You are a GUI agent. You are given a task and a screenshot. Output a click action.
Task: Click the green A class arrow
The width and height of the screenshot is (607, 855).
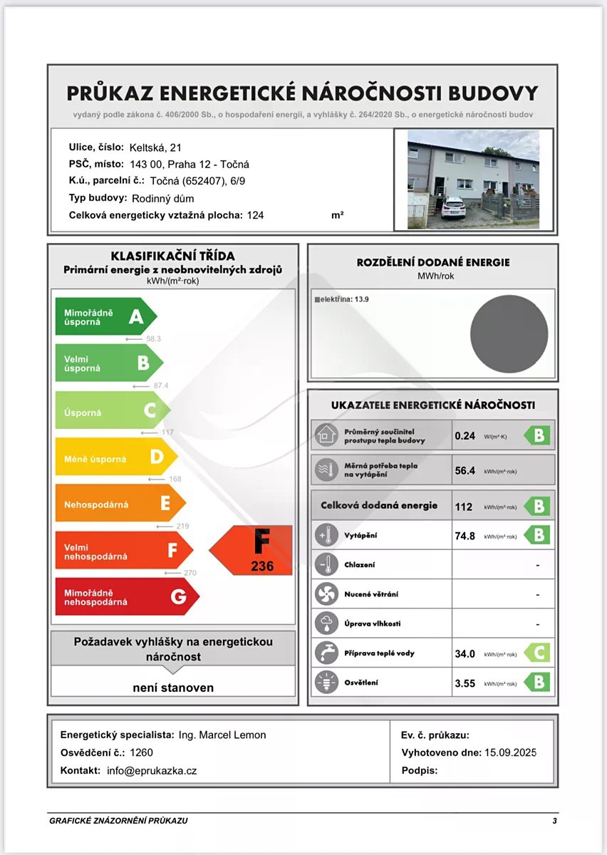(x=105, y=316)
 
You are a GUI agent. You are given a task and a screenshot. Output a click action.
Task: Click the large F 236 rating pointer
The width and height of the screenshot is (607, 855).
(x=252, y=550)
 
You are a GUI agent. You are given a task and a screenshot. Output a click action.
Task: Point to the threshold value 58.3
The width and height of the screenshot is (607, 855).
(x=152, y=339)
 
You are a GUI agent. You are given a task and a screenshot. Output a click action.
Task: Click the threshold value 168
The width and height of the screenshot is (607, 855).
(x=175, y=479)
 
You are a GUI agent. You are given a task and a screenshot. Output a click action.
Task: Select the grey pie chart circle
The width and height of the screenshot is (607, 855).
(x=509, y=333)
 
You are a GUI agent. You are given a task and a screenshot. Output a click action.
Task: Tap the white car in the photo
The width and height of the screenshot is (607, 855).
(x=453, y=208)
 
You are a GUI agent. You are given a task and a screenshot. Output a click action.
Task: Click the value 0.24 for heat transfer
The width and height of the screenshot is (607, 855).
(x=465, y=435)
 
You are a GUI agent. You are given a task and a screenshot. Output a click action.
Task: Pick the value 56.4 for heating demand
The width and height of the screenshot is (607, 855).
(x=465, y=470)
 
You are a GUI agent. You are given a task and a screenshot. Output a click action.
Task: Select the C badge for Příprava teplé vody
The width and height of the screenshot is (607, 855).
(x=538, y=653)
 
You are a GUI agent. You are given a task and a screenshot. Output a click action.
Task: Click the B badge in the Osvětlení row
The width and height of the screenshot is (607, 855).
(x=538, y=683)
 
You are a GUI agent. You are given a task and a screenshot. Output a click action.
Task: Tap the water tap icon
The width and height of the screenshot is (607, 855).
(x=327, y=653)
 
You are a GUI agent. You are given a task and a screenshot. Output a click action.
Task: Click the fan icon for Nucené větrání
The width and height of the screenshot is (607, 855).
(x=327, y=594)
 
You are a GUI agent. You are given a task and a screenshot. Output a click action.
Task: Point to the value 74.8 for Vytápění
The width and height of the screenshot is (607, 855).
(x=465, y=536)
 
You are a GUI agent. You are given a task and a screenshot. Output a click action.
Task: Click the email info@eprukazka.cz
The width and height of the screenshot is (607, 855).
(x=152, y=771)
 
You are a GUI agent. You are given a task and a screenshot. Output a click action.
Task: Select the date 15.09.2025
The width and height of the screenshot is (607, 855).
(x=509, y=752)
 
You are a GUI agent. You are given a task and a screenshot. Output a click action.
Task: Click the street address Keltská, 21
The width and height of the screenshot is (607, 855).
(x=155, y=147)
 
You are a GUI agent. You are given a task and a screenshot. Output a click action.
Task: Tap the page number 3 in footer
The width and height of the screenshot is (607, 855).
(x=554, y=821)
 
